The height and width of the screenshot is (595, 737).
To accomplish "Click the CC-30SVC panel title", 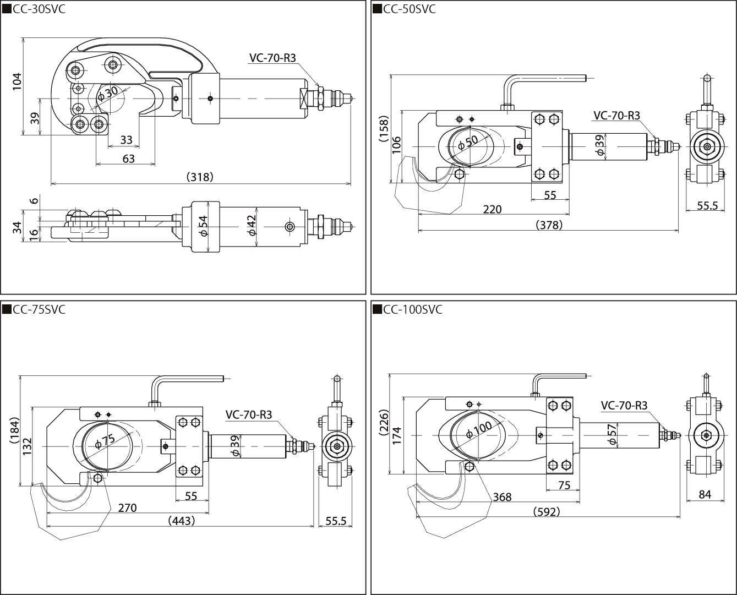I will (38, 9).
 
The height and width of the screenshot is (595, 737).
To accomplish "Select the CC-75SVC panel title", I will (38, 309).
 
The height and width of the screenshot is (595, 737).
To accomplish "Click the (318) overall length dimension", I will (199, 177).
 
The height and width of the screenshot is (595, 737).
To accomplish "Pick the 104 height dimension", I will (17, 82).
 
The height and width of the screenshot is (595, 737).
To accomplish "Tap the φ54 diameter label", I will (203, 226).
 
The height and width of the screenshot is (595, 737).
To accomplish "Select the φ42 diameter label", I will (252, 226).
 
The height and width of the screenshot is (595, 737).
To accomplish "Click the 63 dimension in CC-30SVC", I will (128, 159).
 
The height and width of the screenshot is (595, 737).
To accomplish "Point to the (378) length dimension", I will (549, 225).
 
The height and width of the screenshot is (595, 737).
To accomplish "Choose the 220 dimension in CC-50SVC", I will (492, 209).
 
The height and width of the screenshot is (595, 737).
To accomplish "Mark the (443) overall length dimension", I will (181, 520).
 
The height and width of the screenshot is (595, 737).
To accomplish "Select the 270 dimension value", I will (127, 507).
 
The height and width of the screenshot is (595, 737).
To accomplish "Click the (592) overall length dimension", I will (547, 511).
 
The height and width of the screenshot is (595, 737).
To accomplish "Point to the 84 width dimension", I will (705, 494).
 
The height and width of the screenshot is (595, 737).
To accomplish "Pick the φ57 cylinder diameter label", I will (610, 434).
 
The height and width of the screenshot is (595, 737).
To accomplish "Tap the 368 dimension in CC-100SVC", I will (502, 497).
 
